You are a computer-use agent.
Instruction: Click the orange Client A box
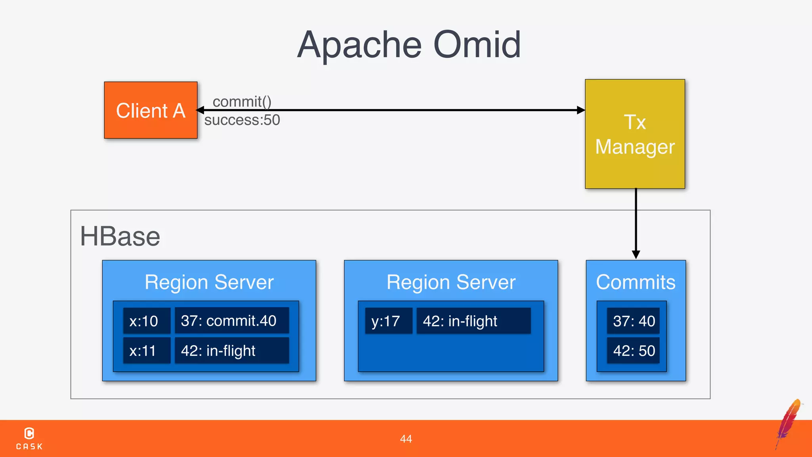click(x=151, y=110)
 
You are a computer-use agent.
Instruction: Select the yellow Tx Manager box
click(x=635, y=134)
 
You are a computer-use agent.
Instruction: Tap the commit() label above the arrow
click(x=242, y=102)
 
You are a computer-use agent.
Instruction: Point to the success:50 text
click(x=242, y=120)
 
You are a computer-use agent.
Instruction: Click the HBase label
click(x=120, y=236)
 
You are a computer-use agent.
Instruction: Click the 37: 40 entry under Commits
click(x=634, y=321)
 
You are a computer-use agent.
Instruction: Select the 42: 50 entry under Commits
click(x=634, y=351)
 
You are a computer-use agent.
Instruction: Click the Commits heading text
click(x=636, y=282)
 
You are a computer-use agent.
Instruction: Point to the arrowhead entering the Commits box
click(x=636, y=254)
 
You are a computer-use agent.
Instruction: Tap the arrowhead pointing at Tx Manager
click(x=580, y=110)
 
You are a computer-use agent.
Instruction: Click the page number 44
click(x=406, y=439)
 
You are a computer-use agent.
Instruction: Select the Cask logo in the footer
click(x=29, y=438)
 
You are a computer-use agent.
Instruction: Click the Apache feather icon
click(x=789, y=423)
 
